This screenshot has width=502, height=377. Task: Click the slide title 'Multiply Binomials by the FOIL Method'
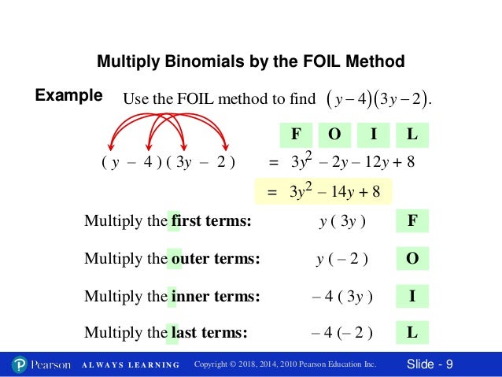250,61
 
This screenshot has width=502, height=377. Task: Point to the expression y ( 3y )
342,221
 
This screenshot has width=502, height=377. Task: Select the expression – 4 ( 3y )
342,297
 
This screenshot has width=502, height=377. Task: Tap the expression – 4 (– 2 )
342,333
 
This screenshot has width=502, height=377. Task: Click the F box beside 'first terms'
412,220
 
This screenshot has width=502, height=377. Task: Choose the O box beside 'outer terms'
412,258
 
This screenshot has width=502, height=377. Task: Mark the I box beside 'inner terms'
412,296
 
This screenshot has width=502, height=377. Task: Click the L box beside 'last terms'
412,332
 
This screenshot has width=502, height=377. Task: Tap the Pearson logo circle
20,364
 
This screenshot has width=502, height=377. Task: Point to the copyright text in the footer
285,365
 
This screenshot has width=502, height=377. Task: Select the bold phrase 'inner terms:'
215,297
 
